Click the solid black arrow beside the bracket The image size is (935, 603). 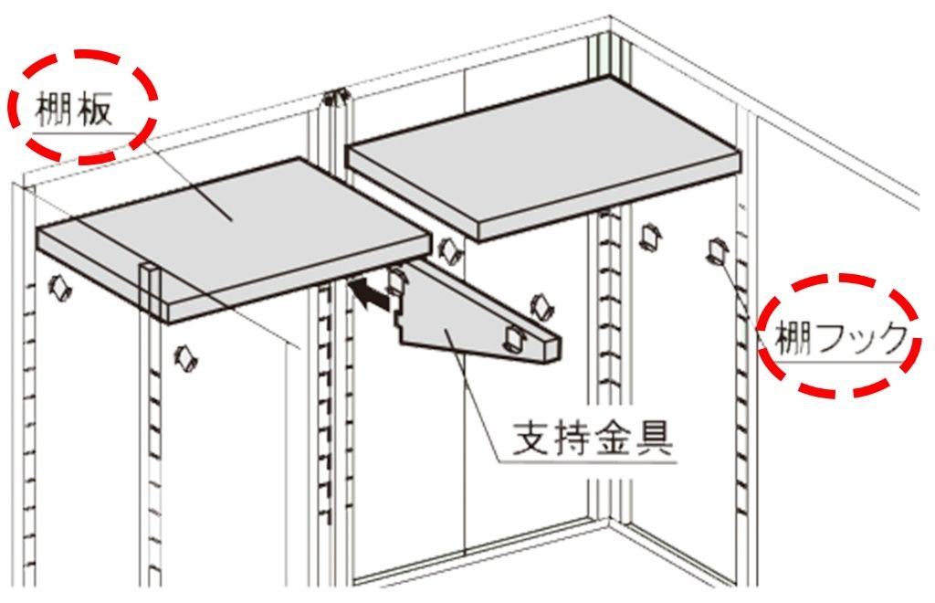point(368,294)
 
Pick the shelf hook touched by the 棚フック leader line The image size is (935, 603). point(716,249)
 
